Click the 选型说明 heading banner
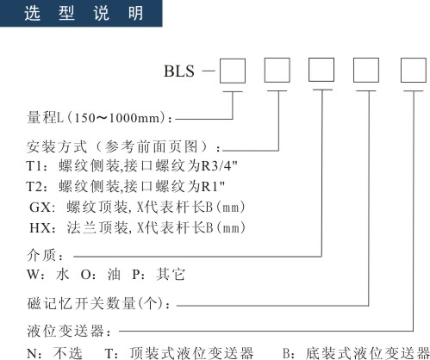tap(81, 13)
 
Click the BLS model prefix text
tap(179, 71)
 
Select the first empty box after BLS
tap(233, 71)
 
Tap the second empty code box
tap(277, 70)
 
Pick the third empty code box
tap(321, 70)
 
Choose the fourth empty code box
tap(365, 70)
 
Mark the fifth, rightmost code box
tap(414, 70)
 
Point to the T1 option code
tap(34, 166)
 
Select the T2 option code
tap(34, 187)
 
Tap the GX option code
tap(41, 207)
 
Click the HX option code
tap(41, 228)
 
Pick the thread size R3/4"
tap(220, 166)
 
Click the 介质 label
tap(41, 255)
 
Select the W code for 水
tap(32, 275)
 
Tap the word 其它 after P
tap(171, 274)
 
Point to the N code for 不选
tap(31, 354)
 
